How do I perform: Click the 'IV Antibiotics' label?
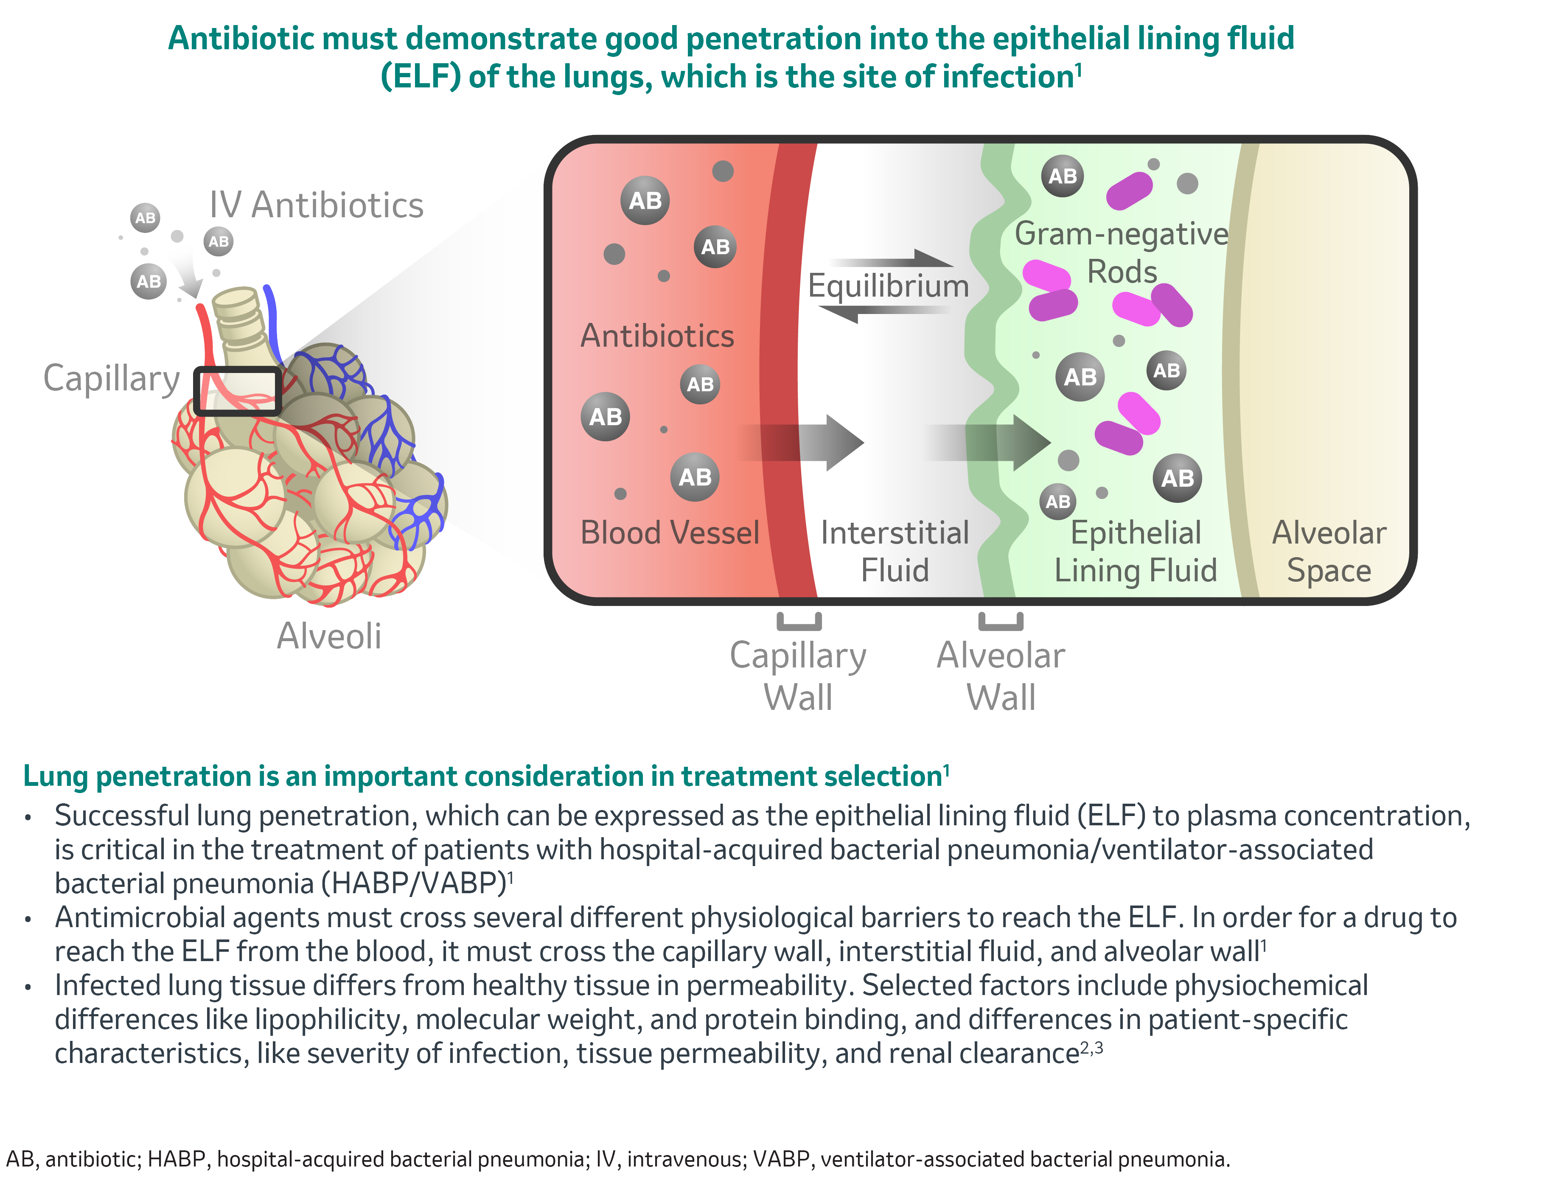pos(316,205)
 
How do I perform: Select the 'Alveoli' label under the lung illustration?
pos(329,636)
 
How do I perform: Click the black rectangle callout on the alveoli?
pos(238,390)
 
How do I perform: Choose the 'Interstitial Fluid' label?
pos(895,552)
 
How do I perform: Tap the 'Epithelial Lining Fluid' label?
pos(1136,552)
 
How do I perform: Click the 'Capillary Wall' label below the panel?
pos(798,676)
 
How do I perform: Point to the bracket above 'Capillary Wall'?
pos(799,622)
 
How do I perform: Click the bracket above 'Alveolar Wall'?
pos(1001,622)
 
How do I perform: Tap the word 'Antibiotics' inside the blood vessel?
pos(657,336)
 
